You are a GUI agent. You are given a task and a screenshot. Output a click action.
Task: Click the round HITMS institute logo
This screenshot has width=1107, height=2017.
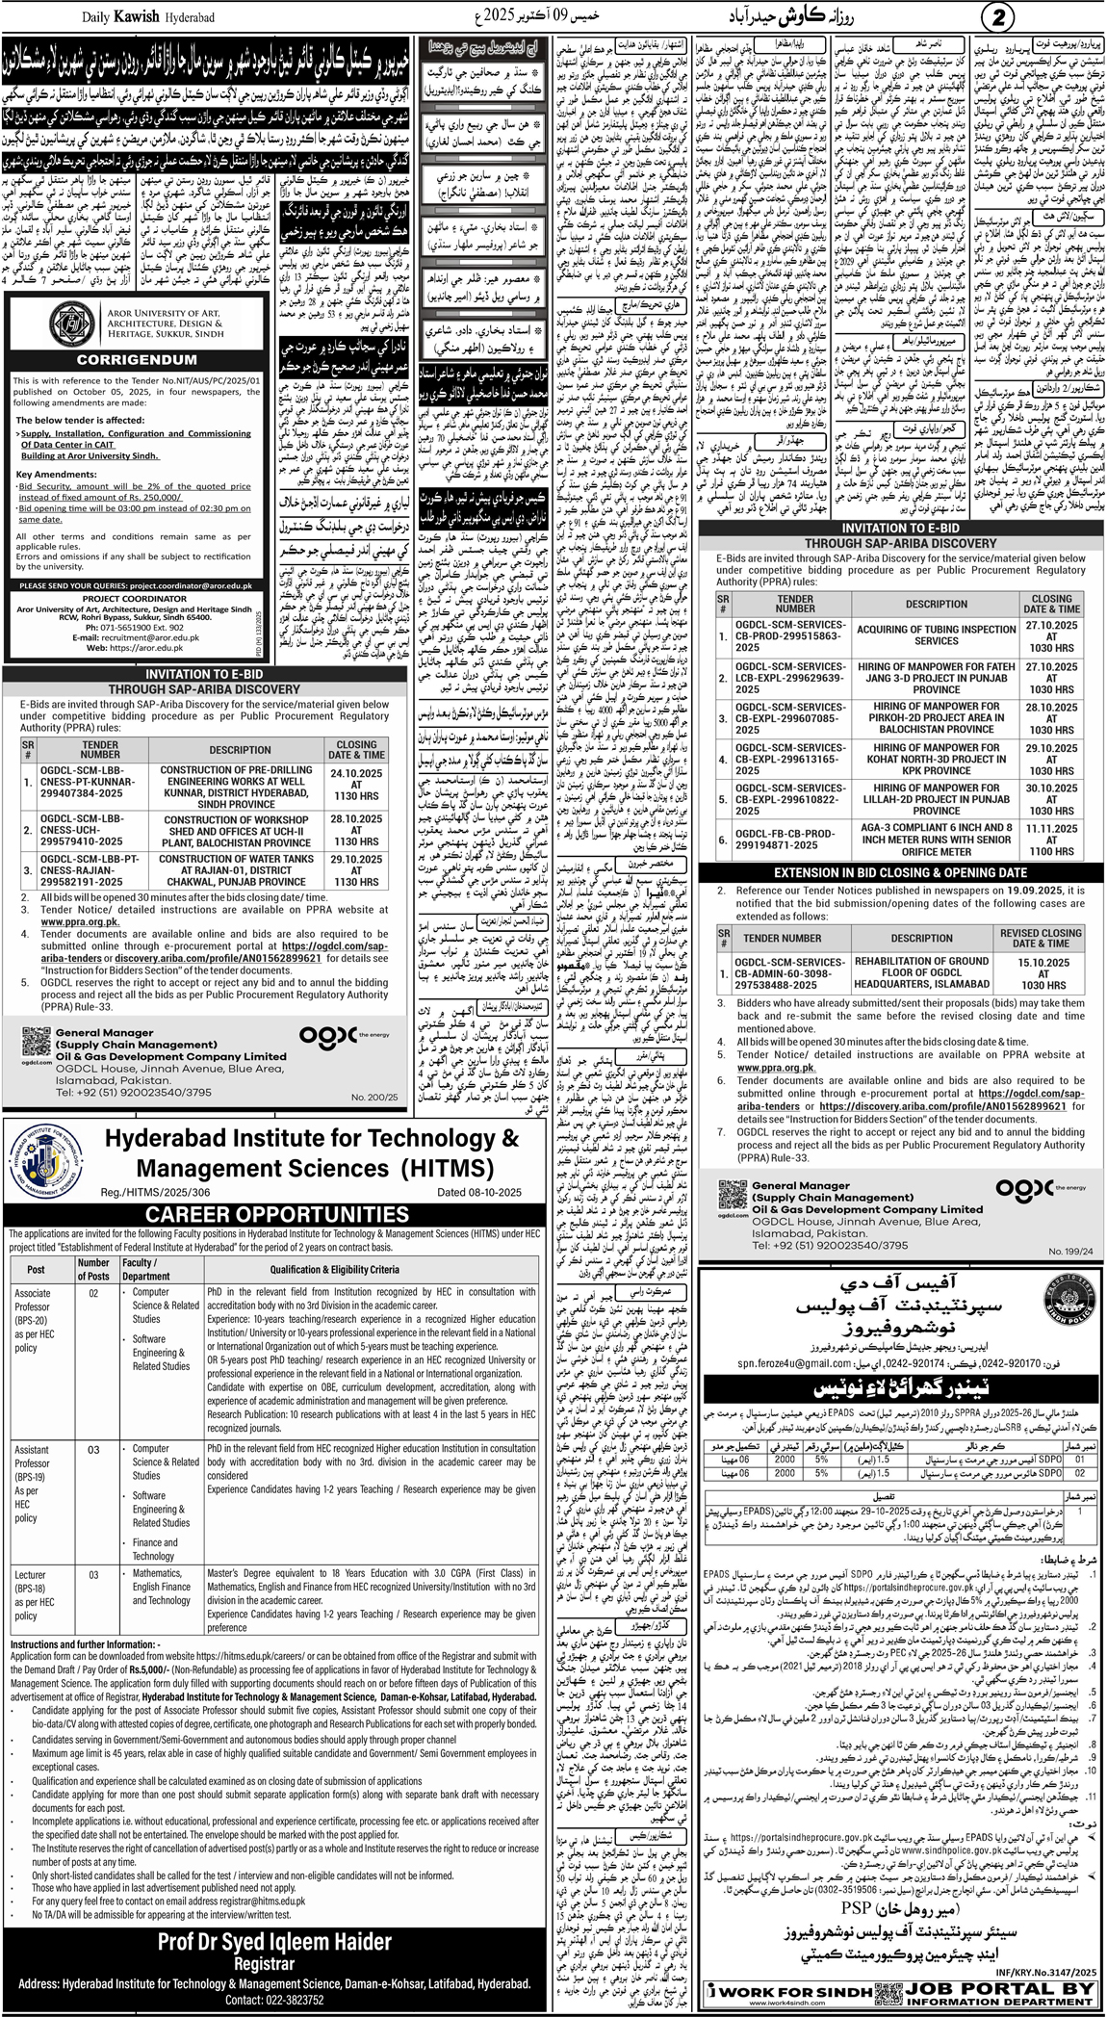tap(45, 1148)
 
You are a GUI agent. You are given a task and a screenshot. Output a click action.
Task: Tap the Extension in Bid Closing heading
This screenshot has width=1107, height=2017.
tap(901, 871)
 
